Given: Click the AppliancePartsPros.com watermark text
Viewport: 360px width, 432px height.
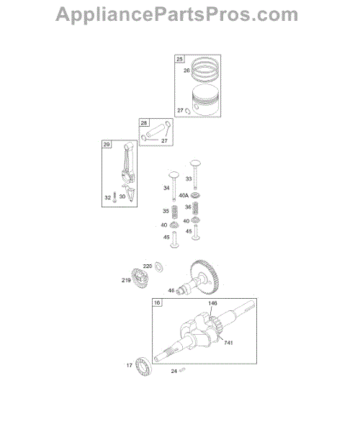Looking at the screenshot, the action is click(x=177, y=14).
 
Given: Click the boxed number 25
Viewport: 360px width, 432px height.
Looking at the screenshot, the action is click(x=179, y=59).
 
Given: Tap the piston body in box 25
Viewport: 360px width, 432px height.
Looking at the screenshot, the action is click(x=205, y=100).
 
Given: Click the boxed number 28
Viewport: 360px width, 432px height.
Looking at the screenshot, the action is click(x=144, y=122).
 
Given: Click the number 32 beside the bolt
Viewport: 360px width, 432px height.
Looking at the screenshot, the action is click(x=108, y=197).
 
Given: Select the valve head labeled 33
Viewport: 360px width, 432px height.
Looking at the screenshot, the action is click(x=195, y=163).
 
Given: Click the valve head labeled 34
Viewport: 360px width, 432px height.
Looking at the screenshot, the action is click(x=174, y=175).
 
